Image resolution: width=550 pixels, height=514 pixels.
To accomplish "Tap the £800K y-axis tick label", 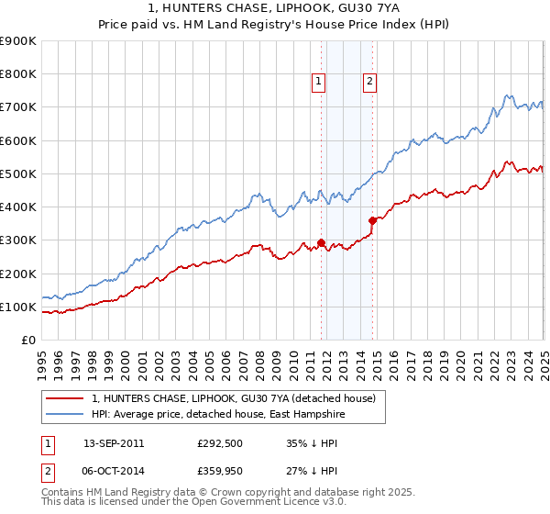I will pyautogui.click(x=17, y=74).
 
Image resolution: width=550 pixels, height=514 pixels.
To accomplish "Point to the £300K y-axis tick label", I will pyautogui.click(x=17, y=240).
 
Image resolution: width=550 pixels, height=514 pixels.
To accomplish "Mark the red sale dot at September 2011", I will pyautogui.click(x=322, y=243).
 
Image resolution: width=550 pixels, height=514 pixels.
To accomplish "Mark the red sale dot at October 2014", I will pyautogui.click(x=373, y=220).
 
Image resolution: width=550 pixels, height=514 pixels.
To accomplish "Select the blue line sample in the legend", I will pyautogui.click(x=63, y=414).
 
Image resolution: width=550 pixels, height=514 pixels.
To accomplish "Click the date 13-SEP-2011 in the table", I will pyautogui.click(x=114, y=442).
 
